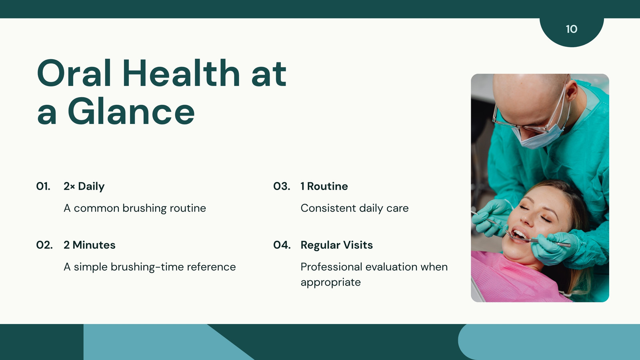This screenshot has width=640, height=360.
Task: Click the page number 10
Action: coord(572,29)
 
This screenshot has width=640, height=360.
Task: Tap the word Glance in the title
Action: coord(132,111)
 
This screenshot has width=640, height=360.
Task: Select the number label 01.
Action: coord(43,186)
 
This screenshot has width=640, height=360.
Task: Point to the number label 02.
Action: coord(44,245)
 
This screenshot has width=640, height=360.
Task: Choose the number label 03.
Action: coord(282,186)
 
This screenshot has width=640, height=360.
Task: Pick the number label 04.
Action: coord(282,245)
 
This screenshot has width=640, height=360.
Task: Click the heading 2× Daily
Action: coord(84,186)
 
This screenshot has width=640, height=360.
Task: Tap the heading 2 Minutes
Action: coord(90,245)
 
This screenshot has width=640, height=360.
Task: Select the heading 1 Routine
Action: coord(324,186)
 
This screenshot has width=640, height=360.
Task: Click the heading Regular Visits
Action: coord(336,245)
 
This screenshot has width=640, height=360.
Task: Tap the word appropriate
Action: coord(330,282)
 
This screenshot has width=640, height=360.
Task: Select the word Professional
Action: coord(332,267)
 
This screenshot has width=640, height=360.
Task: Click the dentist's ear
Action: coord(572,92)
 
